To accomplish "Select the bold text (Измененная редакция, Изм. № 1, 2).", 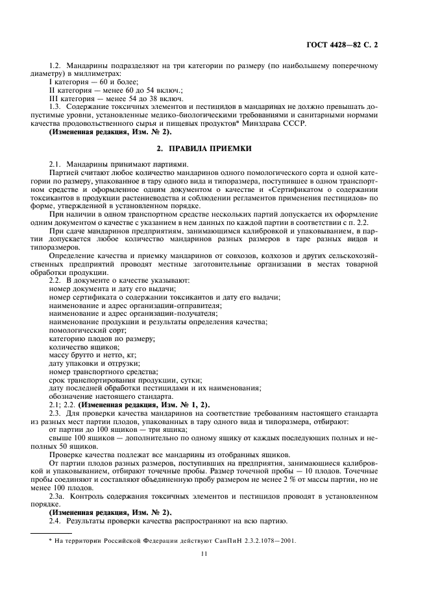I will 138,405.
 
